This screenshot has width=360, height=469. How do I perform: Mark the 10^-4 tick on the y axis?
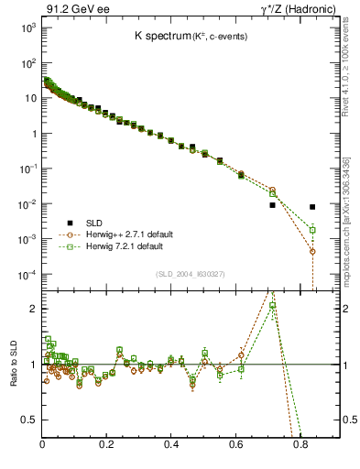28,275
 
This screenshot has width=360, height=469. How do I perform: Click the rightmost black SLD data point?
312,207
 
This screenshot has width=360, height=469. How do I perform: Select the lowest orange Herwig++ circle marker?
312,251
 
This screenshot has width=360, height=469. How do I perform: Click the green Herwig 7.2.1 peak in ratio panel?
273,306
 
